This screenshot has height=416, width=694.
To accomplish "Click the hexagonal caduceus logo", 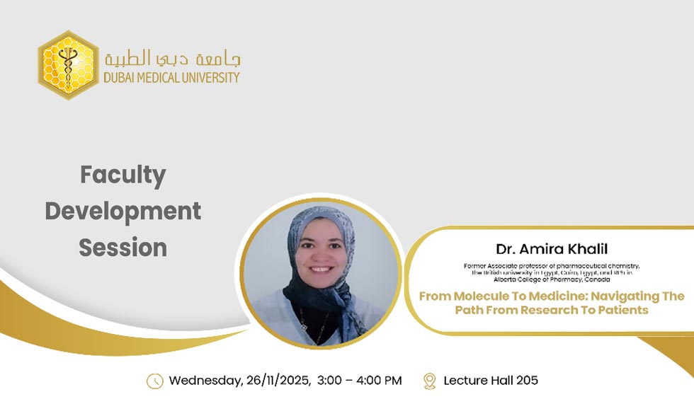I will pos(68,65).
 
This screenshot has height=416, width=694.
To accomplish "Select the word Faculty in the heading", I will pos(123,175).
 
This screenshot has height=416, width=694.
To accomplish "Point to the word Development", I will pos(123,211).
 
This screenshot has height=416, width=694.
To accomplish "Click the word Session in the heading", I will pos(123,248).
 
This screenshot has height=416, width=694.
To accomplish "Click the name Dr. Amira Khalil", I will pos(551,249).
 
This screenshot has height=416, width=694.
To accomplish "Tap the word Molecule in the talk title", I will pos(481,296).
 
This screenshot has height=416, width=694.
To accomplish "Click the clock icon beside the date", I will pos(154,381).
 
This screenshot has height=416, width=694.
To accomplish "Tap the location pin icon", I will pos(429,381).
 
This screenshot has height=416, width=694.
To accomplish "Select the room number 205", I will pos(527,381).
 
